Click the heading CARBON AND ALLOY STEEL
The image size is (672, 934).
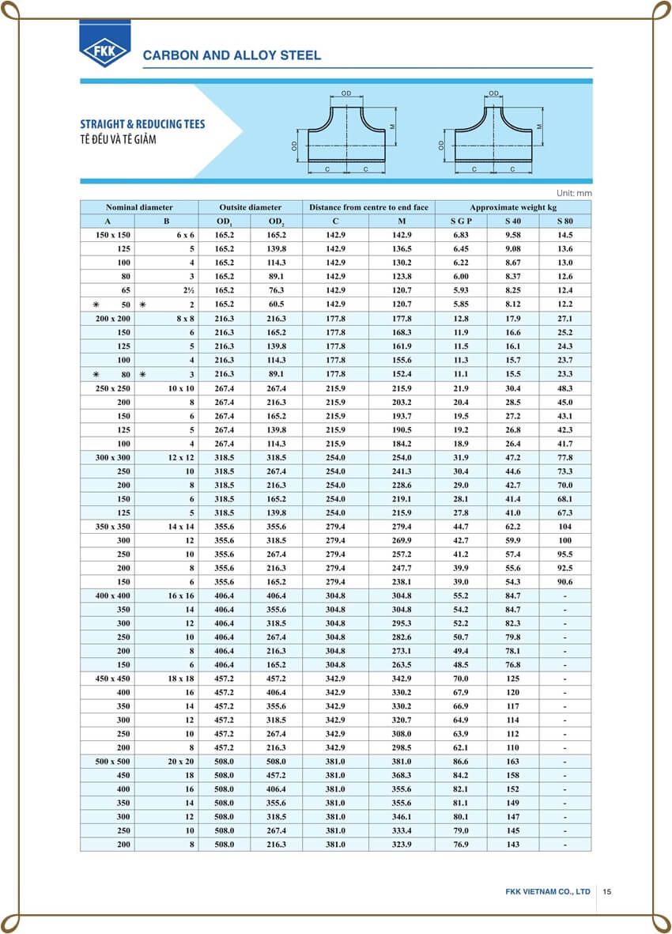coord(231,55)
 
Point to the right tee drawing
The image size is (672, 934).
coord(493,130)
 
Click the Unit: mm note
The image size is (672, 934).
coord(574,193)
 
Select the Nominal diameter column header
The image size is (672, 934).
coord(139,207)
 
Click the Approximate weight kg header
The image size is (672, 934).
coord(512,207)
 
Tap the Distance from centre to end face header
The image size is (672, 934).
coord(368,207)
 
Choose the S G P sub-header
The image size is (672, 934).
coord(461,221)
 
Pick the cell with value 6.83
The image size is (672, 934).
coord(461,235)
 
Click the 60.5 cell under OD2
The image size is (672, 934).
coord(277,304)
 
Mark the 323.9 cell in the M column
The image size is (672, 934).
coord(402,845)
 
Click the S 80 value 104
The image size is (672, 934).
coord(564,526)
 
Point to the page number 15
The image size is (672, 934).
coord(606,891)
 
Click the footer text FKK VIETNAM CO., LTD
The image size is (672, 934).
coord(548,891)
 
